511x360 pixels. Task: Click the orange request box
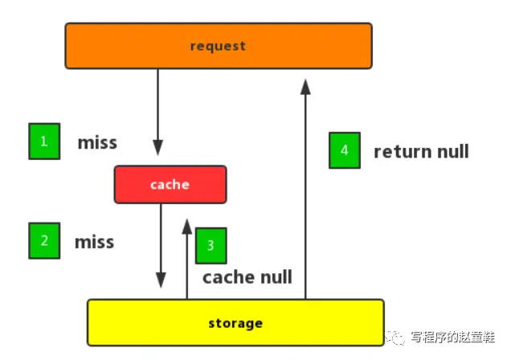tap(219, 46)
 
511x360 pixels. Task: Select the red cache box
tap(170, 184)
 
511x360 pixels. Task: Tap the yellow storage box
tap(235, 322)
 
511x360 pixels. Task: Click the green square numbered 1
tap(44, 141)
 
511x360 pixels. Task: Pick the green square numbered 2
tap(44, 241)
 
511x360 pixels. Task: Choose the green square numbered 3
tap(211, 246)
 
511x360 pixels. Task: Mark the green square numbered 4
tap(345, 150)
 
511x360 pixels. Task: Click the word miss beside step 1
tap(97, 143)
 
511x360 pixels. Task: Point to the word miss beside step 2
tap(95, 242)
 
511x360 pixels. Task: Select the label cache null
tap(247, 277)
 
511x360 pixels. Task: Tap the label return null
tap(421, 152)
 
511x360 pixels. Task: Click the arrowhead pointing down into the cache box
tap(158, 148)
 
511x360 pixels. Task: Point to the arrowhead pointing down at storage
tap(161, 280)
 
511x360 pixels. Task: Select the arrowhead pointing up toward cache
tap(187, 227)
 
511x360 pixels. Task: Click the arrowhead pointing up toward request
tap(305, 87)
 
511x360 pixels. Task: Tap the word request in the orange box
tap(218, 47)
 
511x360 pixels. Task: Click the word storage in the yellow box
tap(235, 323)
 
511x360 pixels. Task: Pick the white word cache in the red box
tap(170, 185)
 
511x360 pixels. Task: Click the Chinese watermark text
tap(452, 337)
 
